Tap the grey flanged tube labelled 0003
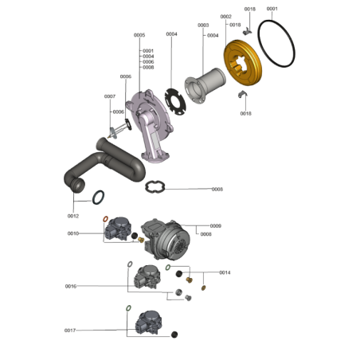click(x=205, y=85)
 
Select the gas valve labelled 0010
click(x=118, y=229)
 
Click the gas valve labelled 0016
click(x=147, y=277)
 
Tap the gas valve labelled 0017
click(x=148, y=323)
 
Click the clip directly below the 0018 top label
click(x=248, y=31)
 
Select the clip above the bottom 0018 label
click(x=242, y=94)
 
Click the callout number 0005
click(x=139, y=35)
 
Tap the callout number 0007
click(x=110, y=96)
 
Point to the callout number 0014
click(x=225, y=272)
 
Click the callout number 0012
click(x=73, y=216)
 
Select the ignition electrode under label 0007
click(x=119, y=130)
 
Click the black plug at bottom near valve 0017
click(x=174, y=335)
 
